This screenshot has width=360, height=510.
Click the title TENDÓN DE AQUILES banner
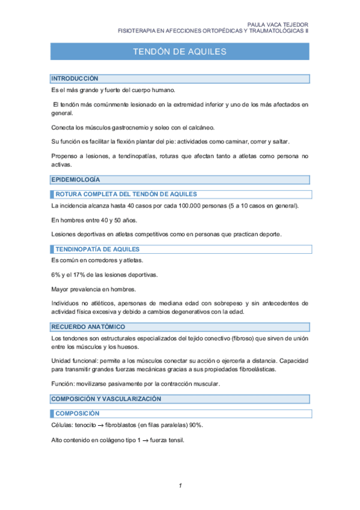pyautogui.click(x=180, y=52)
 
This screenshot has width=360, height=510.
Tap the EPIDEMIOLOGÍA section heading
pyautogui.click(x=76, y=179)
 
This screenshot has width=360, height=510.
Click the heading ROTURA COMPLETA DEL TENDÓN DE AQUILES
pyautogui.click(x=126, y=194)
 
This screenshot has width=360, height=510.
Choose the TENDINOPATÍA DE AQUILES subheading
pyautogui.click(x=97, y=249)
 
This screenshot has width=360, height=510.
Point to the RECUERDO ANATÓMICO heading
pyautogui.click(x=88, y=327)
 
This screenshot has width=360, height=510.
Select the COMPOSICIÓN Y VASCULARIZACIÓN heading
pyautogui.click(x=106, y=399)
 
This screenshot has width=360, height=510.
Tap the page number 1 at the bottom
pyautogui.click(x=180, y=485)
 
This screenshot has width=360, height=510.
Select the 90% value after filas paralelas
pyautogui.click(x=195, y=425)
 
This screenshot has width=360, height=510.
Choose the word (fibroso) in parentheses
pyautogui.click(x=242, y=340)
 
